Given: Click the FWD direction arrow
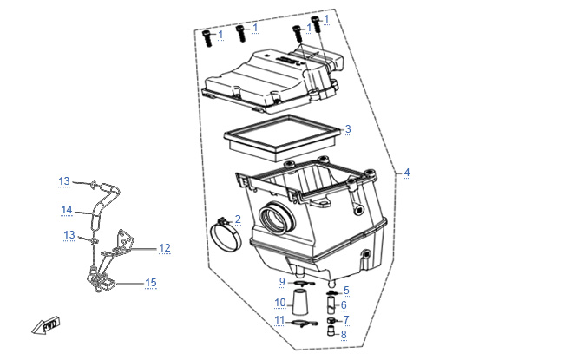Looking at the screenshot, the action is [x=45, y=325].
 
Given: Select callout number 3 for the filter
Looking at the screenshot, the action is [x=348, y=128].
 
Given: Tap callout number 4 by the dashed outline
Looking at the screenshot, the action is [x=407, y=173].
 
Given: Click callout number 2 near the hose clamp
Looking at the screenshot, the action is [x=238, y=219].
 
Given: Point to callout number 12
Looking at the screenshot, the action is [x=165, y=248].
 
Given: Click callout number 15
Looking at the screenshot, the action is [x=151, y=283].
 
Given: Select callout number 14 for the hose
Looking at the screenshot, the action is [x=67, y=210].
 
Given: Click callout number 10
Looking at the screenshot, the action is [x=280, y=303].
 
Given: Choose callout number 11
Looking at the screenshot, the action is [x=279, y=320].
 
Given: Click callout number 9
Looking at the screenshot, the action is [x=282, y=282].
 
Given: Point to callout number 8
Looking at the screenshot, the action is [x=344, y=334].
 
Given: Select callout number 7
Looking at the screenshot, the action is [x=346, y=319].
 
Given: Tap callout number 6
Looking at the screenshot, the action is [x=344, y=305].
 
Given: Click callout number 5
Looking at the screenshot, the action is [x=346, y=291].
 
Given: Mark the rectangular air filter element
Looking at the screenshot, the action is [x=282, y=138].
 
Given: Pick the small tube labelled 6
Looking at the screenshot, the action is [x=331, y=304].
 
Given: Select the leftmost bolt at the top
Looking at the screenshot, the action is [x=207, y=38].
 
